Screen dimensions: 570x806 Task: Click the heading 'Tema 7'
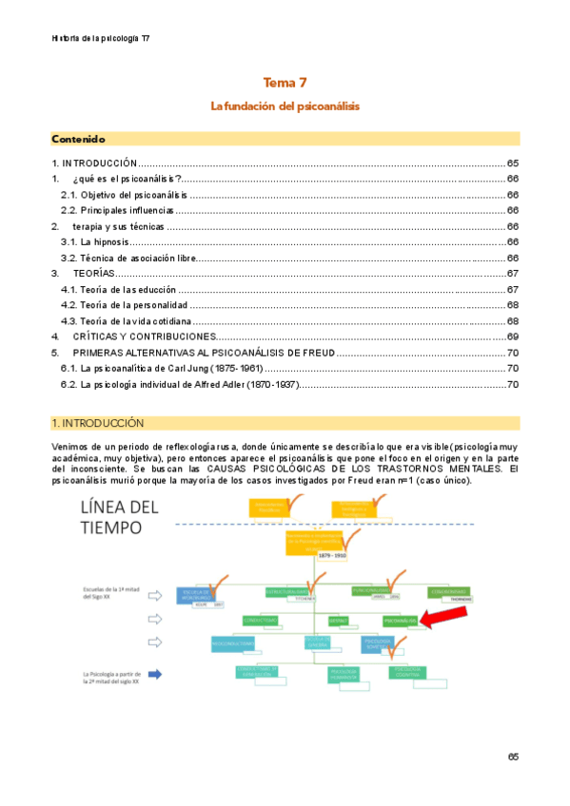tap(285, 84)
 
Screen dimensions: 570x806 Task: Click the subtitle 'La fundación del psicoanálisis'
tap(285, 106)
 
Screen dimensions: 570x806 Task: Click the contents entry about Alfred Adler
tap(179, 384)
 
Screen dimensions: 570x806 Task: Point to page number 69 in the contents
tap(512, 336)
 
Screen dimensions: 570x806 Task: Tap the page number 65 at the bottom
tap(512, 757)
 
